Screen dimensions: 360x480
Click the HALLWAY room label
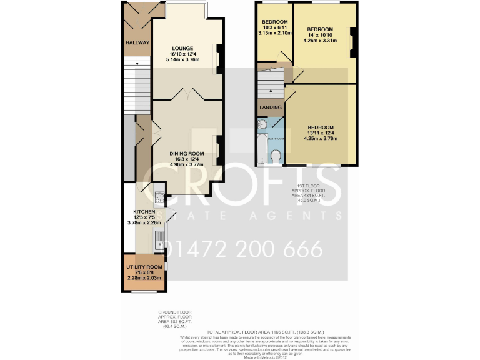point(137,43)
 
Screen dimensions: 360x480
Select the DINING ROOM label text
point(187,154)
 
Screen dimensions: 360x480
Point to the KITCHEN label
point(139,211)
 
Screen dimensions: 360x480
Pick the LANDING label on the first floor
point(270,107)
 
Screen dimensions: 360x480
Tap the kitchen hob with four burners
point(159,198)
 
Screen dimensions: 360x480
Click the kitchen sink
point(159,240)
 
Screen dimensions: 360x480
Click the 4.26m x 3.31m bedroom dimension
point(320,41)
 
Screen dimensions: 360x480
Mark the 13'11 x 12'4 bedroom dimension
point(320,133)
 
